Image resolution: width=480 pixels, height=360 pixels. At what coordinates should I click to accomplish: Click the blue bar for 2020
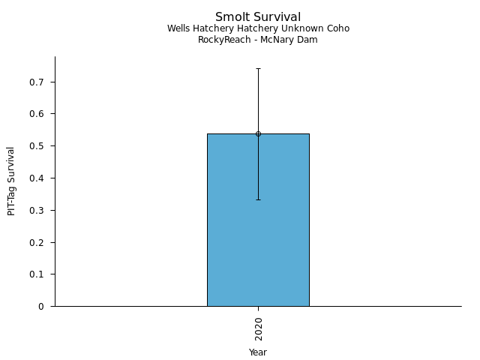click(x=258, y=225)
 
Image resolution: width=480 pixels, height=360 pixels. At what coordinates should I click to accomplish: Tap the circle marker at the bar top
click(x=258, y=133)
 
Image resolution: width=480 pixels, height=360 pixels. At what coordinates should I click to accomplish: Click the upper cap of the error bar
click(x=258, y=68)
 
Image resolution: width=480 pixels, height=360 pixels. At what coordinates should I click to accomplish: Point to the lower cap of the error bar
click(x=258, y=199)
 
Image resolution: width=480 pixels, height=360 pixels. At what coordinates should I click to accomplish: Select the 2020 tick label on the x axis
click(x=258, y=328)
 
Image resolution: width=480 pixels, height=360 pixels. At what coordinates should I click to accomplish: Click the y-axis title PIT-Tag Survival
click(x=11, y=181)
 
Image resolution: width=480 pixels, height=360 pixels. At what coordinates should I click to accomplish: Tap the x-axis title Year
click(x=258, y=352)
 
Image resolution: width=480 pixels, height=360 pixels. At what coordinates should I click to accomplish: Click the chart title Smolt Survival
click(x=258, y=16)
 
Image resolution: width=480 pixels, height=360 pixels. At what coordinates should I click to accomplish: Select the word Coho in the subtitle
click(x=337, y=28)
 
